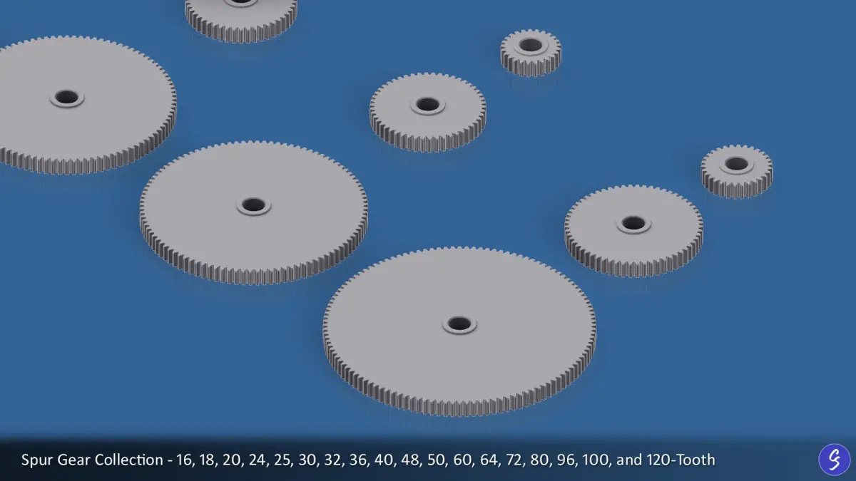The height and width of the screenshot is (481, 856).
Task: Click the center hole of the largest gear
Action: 459,324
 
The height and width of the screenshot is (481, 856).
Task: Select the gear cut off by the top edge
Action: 241,19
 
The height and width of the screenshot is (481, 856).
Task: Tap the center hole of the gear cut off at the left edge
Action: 66,97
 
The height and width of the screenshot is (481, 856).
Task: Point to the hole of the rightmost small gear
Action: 736,164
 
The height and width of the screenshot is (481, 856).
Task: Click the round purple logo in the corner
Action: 834,459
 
